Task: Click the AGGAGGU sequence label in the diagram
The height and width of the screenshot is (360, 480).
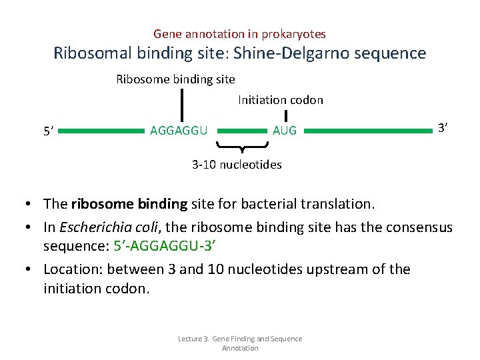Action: coord(179,130)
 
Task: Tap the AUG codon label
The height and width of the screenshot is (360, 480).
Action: coord(285,131)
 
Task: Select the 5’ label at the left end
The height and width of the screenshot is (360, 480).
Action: coord(48,132)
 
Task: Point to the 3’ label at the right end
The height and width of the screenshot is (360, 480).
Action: coord(441,127)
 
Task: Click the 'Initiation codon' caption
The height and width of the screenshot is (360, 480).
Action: coord(281,100)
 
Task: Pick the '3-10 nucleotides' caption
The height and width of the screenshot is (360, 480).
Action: coord(237,164)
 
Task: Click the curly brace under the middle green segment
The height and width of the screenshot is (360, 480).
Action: coord(242,146)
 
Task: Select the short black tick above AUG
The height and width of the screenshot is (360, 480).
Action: coord(286,116)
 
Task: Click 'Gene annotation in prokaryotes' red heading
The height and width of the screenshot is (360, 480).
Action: coord(239,33)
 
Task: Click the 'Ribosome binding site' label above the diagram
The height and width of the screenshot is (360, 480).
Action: coord(175,79)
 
